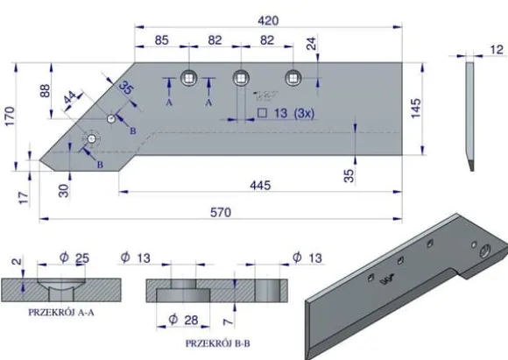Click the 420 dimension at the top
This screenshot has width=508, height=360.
click(268, 21)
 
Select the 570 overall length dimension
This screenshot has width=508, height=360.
click(221, 213)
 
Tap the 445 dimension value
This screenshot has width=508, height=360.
click(260, 186)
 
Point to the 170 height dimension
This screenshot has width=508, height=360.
click(10, 116)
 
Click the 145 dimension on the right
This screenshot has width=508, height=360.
click(416, 109)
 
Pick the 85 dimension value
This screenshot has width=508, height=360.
click(161, 40)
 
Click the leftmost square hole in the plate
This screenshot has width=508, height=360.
click(188, 78)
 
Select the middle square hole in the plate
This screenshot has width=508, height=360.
click(241, 78)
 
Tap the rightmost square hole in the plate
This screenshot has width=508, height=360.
click(293, 78)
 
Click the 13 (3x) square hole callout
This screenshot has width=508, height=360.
click(286, 113)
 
